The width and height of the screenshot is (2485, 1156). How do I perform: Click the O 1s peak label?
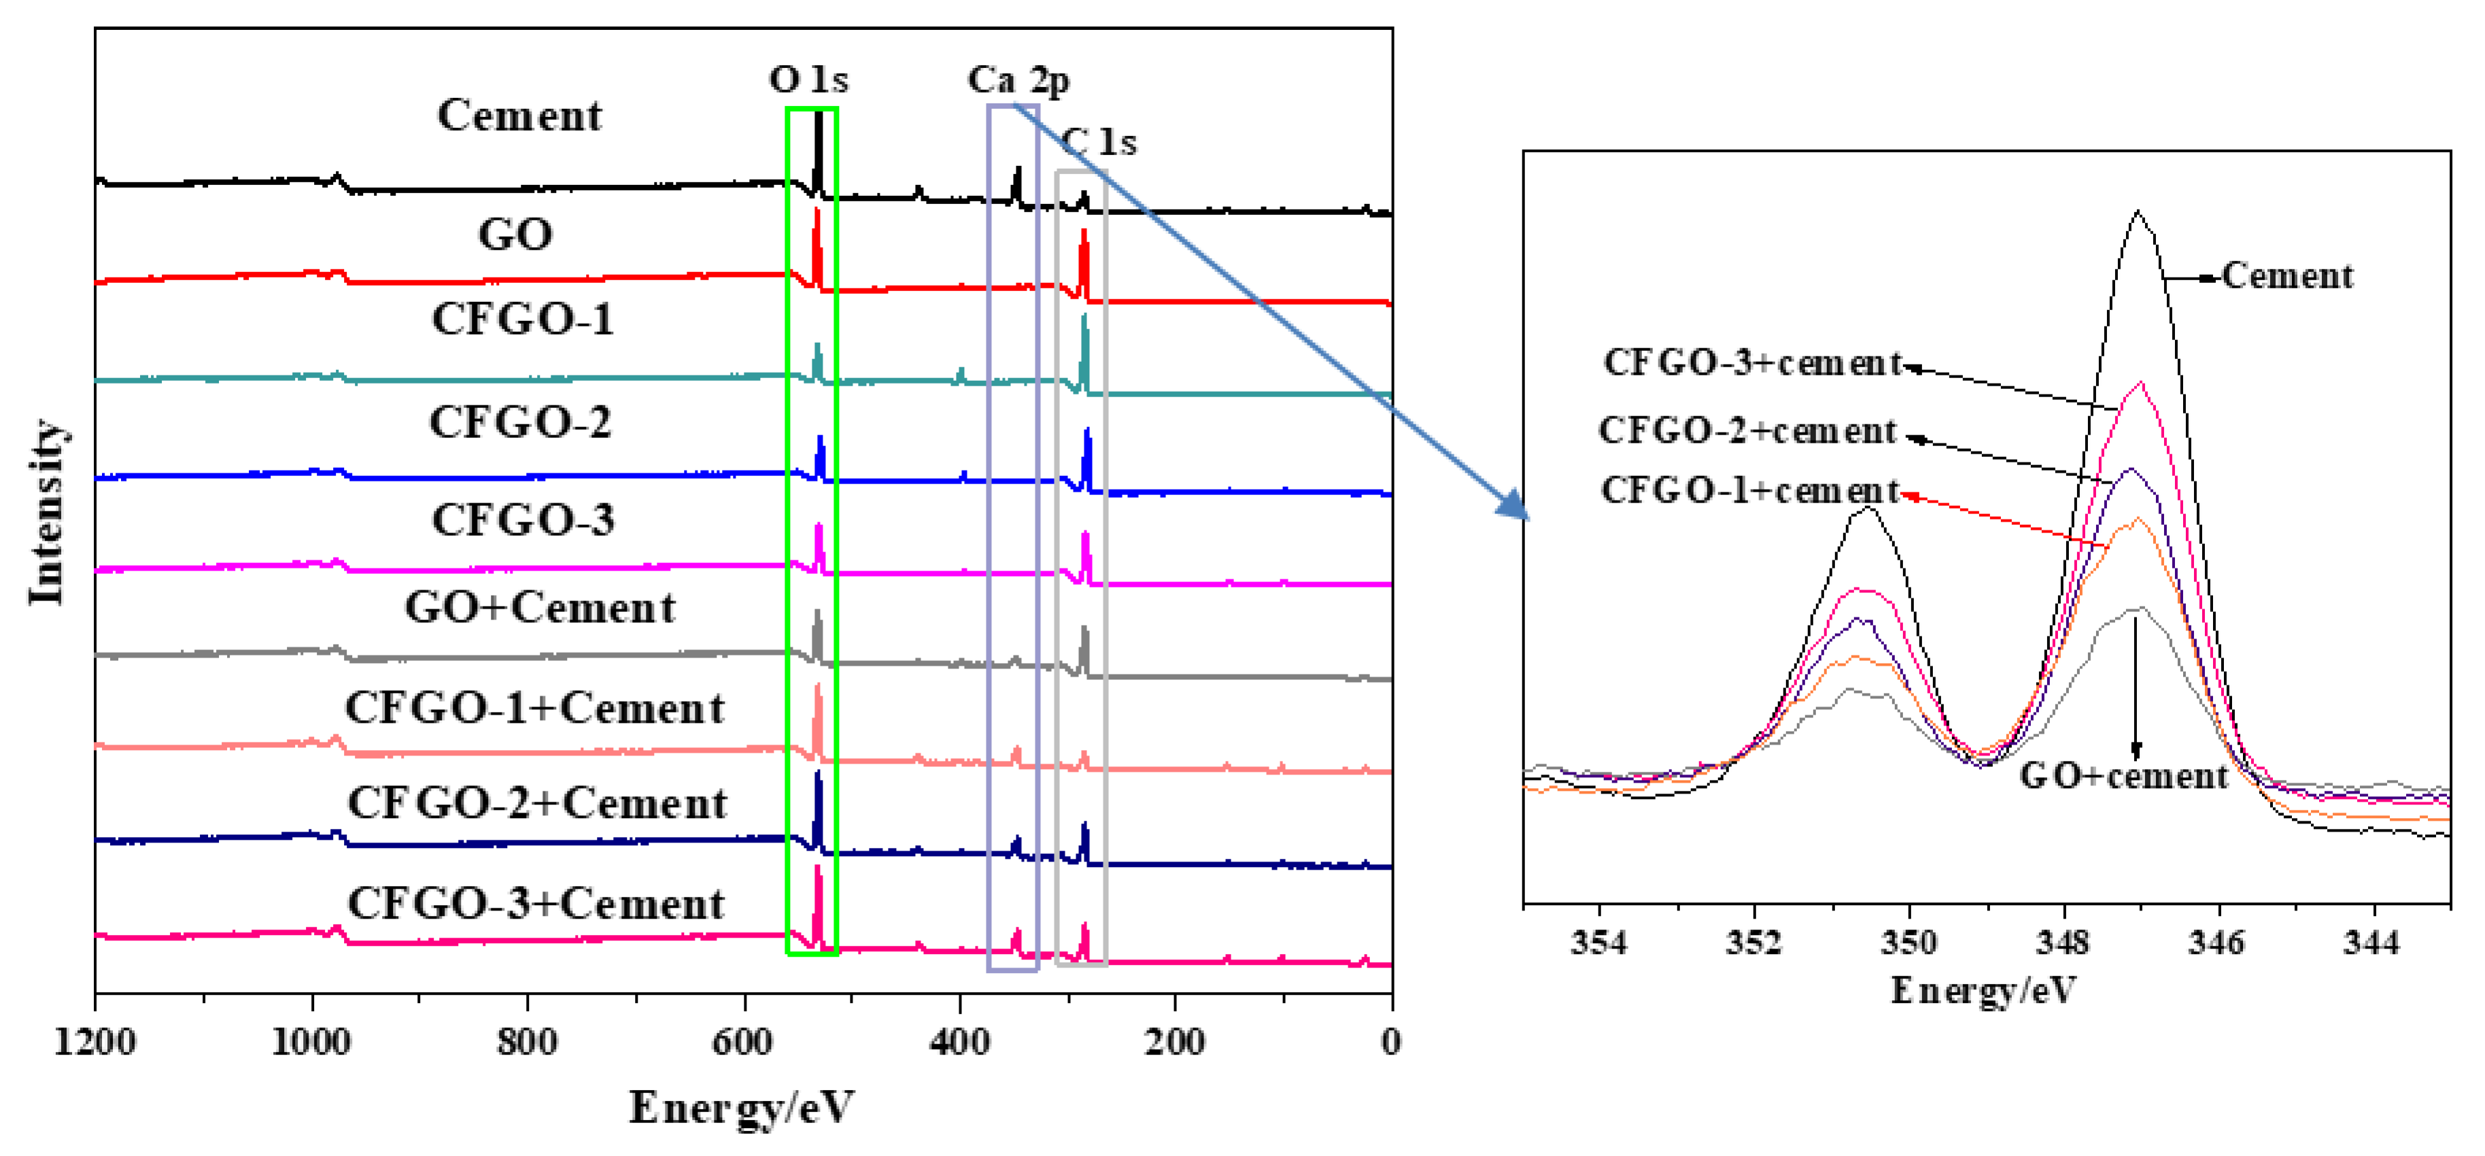808,79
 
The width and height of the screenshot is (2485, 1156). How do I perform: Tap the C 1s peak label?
1101,142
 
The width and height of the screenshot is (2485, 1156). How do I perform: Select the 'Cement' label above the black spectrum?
519,116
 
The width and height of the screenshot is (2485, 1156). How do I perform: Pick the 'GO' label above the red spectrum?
515,235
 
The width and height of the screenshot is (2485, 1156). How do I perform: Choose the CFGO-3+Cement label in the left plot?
535,903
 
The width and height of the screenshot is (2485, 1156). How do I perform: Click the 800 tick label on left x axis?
527,1042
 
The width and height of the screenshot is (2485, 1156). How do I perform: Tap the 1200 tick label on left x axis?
95,1042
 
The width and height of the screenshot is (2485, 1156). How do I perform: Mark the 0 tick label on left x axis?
1390,1042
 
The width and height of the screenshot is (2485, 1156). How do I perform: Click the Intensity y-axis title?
46,511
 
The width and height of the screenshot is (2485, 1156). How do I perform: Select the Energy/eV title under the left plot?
741,1107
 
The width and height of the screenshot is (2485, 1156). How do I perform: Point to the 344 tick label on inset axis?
2371,942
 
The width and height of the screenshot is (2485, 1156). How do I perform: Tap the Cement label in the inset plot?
2287,277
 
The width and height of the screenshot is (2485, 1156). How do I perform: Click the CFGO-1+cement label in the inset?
1749,490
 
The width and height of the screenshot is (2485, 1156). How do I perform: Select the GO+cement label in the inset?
2123,776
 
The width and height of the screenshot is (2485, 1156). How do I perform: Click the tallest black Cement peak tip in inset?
2139,211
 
